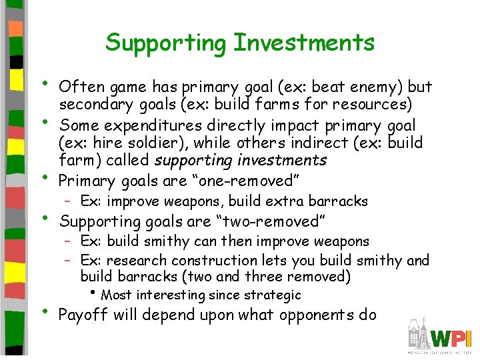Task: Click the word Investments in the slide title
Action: (x=303, y=43)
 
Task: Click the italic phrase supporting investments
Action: (x=241, y=161)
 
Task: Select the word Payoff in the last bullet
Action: (x=83, y=315)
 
